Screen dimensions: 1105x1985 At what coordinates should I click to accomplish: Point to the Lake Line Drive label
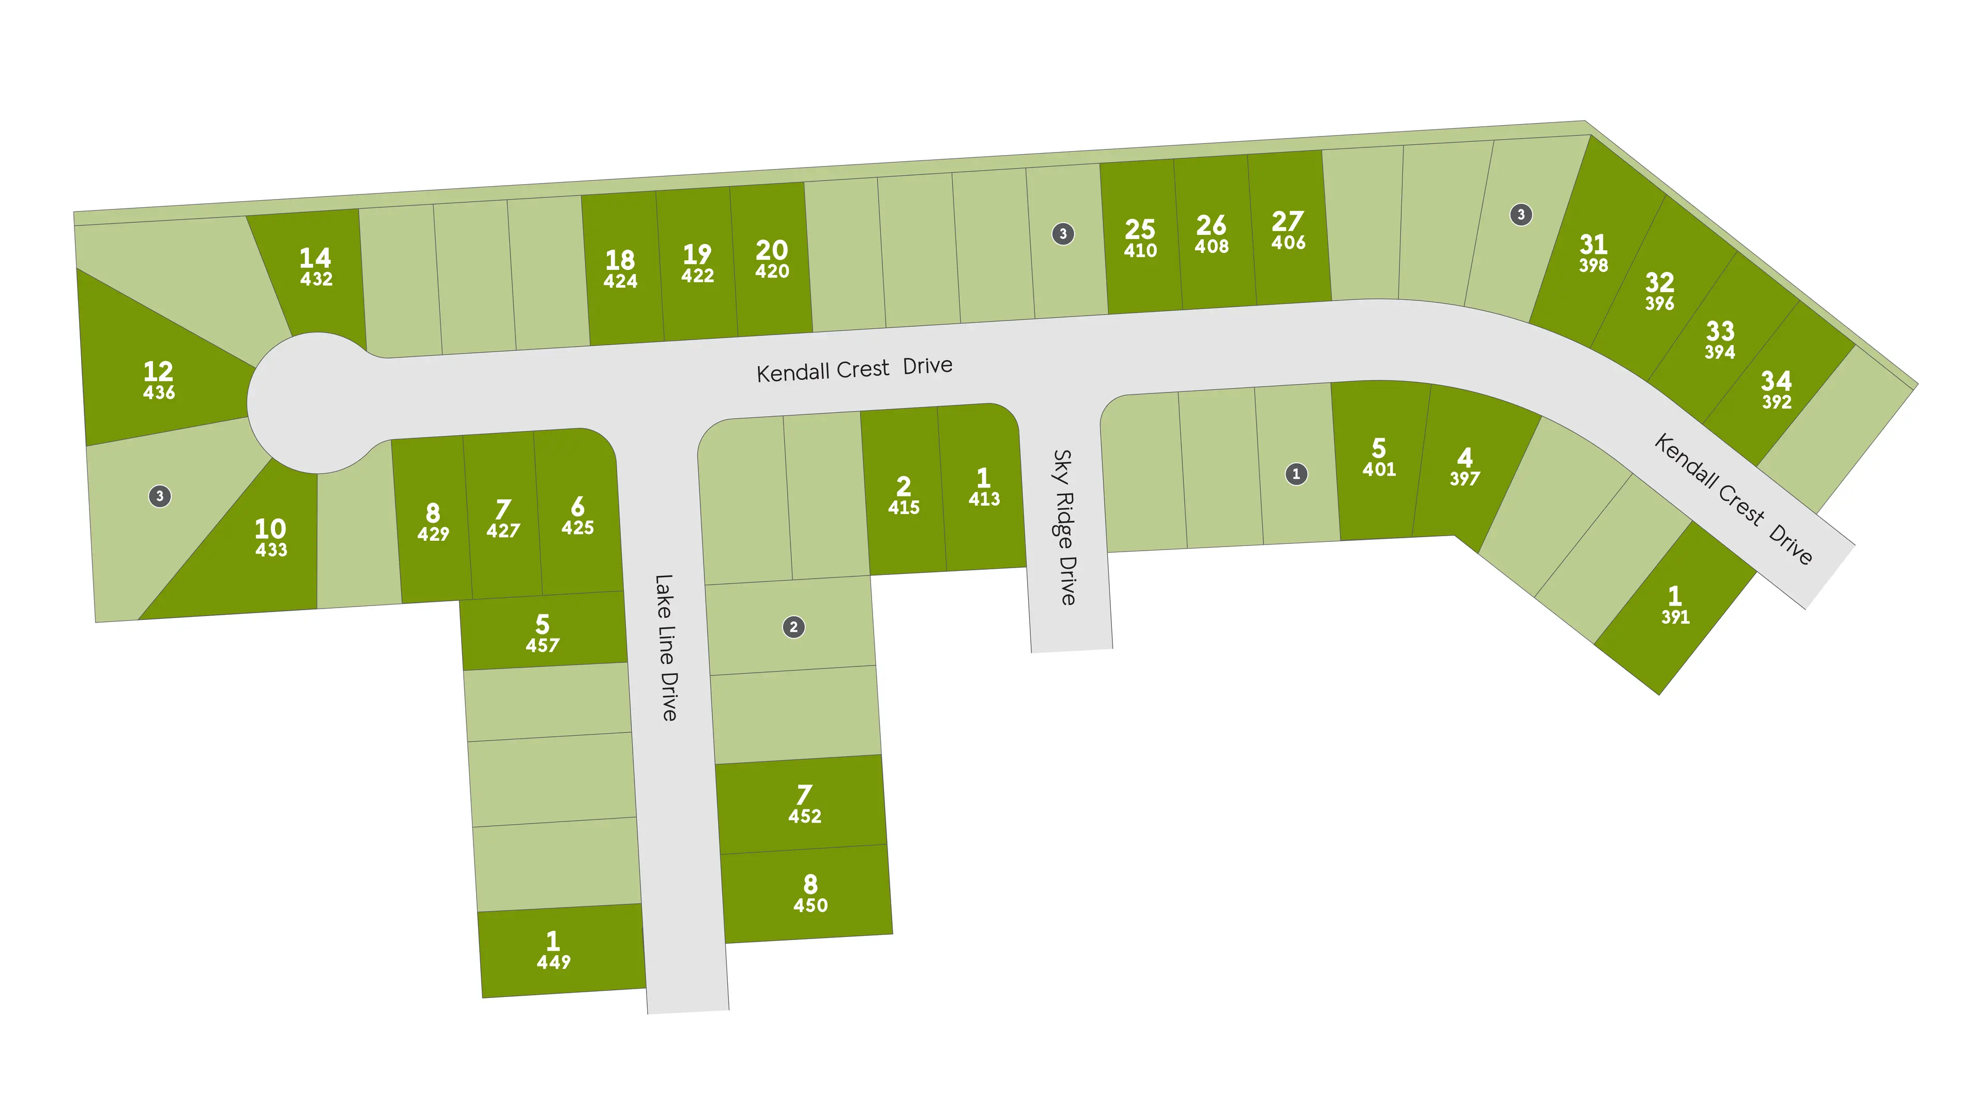[666, 647]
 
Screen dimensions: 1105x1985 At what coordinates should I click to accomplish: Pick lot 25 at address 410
[1140, 239]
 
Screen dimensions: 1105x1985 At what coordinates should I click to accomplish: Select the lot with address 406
[1288, 231]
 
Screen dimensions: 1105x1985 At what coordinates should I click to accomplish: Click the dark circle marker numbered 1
[1296, 474]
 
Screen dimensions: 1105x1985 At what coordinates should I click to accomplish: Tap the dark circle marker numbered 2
[793, 627]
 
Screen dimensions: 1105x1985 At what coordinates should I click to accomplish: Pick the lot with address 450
[810, 894]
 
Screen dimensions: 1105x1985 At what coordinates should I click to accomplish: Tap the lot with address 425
[577, 516]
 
